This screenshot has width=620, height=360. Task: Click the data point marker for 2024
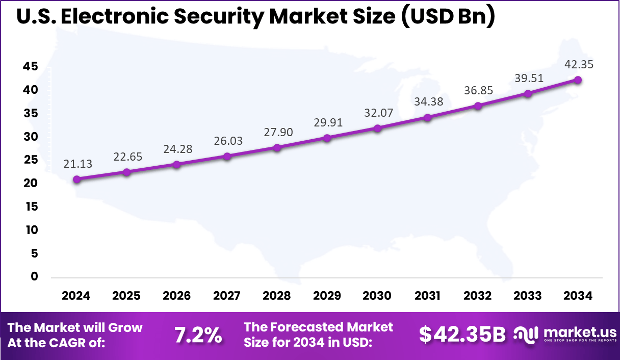pos(76,179)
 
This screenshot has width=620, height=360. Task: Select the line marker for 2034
pos(578,80)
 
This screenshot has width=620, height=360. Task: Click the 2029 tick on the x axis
pos(327,296)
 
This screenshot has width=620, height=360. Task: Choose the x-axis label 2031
pos(427,296)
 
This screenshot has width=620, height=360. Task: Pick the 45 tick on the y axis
pos(31,66)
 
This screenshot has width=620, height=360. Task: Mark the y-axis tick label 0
pos(34,276)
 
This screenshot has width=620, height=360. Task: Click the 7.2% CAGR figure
pos(198,335)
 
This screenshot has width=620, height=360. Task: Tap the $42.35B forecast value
pos(462,335)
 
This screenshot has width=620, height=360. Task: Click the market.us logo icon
pos(526,334)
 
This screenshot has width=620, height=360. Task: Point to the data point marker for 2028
pos(277,148)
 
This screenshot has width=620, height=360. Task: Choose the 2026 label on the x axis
pos(176,296)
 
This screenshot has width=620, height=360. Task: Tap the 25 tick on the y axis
pos(31,160)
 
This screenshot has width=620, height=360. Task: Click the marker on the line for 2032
pos(478,106)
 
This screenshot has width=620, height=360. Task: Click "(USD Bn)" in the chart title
pos(447,17)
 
